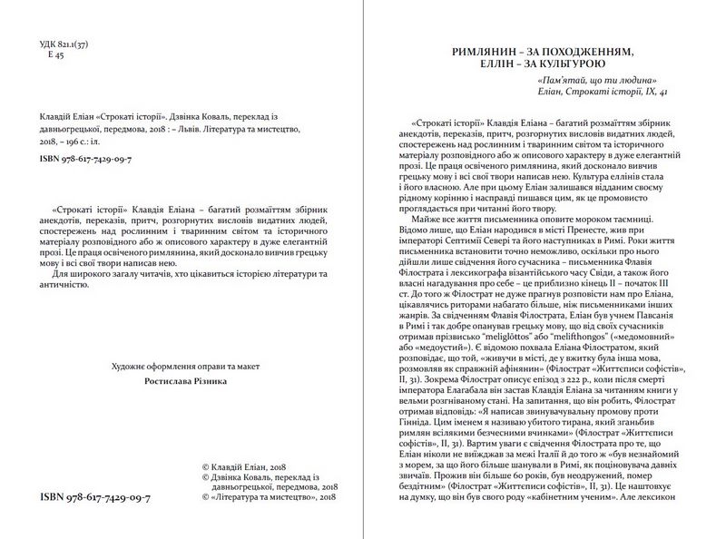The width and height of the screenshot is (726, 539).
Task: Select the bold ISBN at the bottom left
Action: pyautogui.click(x=97, y=499)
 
